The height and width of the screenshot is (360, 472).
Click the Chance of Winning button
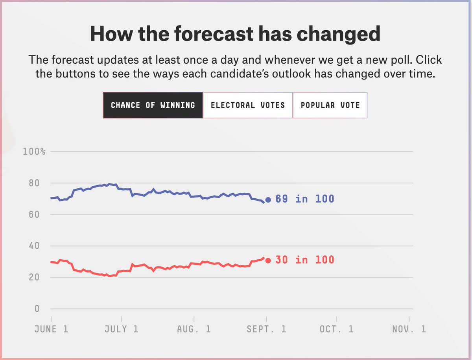[x=153, y=105]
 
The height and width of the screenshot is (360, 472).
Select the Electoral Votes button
[x=248, y=105]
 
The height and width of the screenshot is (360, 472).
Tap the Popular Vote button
[x=330, y=105]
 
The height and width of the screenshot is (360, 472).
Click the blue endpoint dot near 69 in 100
[x=268, y=200]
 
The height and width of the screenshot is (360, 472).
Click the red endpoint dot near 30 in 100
[x=268, y=260]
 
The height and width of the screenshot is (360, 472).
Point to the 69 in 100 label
[x=304, y=199]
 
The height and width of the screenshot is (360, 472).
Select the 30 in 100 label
[x=304, y=260]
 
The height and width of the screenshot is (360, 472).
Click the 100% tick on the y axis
[x=34, y=152]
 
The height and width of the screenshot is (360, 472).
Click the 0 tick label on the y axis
[x=37, y=309]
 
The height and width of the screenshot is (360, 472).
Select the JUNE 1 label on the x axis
[x=51, y=329]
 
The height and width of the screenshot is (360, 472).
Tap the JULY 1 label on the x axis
[x=121, y=329]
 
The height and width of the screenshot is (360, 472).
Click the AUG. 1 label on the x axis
[x=194, y=329]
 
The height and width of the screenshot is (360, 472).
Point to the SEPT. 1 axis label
[x=266, y=329]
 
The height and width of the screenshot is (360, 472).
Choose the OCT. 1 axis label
[x=336, y=329]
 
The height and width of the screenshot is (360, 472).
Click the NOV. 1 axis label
[x=409, y=329]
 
